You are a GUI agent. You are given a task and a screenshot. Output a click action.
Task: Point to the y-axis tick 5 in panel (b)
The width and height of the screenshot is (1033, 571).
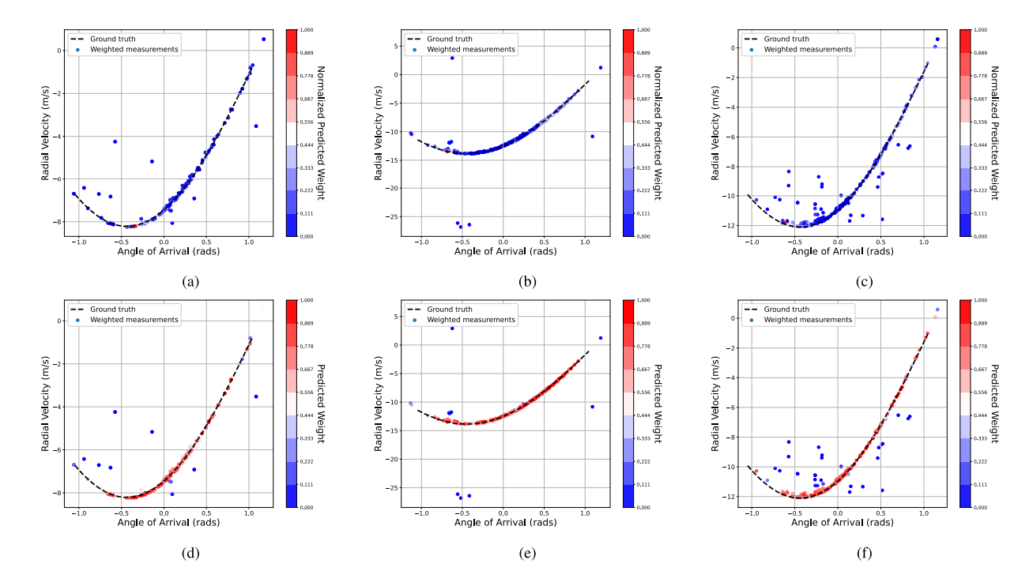click(397, 46)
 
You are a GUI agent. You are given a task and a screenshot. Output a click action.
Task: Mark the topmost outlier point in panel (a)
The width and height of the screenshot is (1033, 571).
click(263, 39)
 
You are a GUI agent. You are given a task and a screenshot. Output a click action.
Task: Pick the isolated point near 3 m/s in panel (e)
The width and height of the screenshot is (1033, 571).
click(452, 329)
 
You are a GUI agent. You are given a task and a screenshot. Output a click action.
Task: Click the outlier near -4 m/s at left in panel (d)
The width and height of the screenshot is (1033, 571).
click(115, 411)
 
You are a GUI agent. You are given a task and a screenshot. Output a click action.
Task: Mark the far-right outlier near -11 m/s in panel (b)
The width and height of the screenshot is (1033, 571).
click(592, 136)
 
